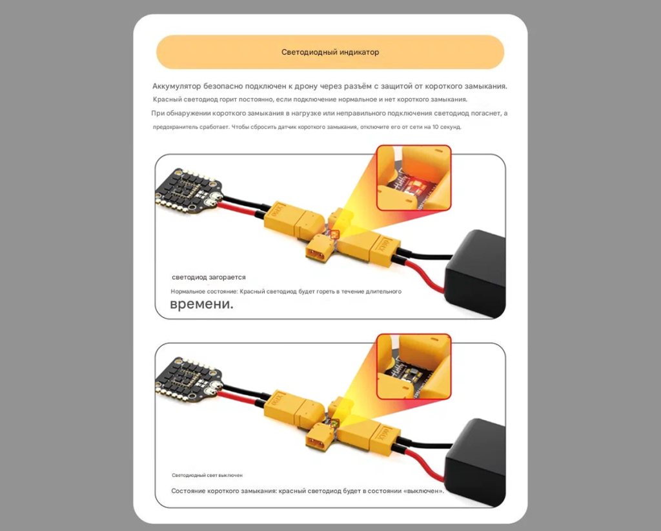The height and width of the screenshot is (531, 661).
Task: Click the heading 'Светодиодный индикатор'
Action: [x=330, y=52]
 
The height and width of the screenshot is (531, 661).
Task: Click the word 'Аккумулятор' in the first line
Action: [x=176, y=86]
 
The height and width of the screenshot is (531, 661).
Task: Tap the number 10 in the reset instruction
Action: [x=436, y=127]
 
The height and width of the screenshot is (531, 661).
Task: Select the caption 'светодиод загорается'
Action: [x=208, y=277]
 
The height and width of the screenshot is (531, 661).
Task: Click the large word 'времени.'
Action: [x=201, y=304]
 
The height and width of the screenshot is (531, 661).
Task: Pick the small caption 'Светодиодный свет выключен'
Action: [x=207, y=476]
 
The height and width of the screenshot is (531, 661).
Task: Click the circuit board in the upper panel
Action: [x=188, y=190]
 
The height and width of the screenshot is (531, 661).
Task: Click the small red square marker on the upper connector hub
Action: [x=335, y=234]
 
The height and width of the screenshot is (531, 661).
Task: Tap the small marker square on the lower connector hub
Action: [x=335, y=423]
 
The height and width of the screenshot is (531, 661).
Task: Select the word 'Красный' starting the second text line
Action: [x=167, y=99]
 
